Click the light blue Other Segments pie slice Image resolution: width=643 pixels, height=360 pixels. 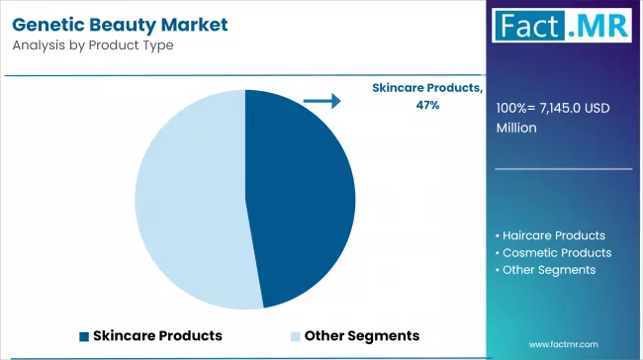[188, 198]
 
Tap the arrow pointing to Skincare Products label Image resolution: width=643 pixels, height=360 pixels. [321, 100]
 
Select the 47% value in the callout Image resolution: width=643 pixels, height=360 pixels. [427, 106]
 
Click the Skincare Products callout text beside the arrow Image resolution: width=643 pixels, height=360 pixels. [426, 89]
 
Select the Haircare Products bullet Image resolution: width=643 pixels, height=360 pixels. [553, 235]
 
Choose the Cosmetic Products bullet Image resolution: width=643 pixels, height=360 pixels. [556, 252]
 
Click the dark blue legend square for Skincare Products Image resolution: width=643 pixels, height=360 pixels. [84, 335]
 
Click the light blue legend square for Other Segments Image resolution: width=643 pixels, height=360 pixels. [296, 335]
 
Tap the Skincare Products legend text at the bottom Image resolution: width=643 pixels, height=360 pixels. [157, 335]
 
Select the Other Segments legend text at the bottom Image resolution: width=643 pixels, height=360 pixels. [362, 335]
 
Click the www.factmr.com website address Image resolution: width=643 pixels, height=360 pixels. [563, 344]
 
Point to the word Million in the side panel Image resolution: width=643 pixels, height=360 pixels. [517, 128]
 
